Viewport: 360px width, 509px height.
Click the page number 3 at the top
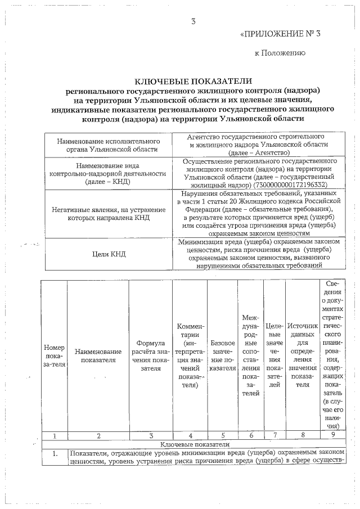pos(194,22)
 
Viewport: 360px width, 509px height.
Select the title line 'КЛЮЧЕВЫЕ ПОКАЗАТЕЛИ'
pos(193,81)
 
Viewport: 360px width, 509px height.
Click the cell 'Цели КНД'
pos(109,254)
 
